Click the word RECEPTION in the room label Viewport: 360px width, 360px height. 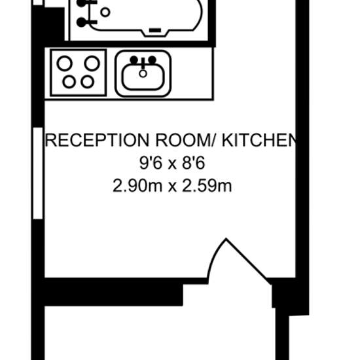(98, 140)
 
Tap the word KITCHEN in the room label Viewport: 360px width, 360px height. (259, 140)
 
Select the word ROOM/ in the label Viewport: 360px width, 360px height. (185, 140)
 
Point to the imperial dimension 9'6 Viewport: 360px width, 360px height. (151, 163)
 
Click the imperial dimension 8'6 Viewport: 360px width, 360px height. (193, 163)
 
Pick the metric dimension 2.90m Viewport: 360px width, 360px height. (137, 186)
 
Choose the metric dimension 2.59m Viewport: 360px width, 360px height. (207, 186)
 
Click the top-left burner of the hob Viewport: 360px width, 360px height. (65, 63)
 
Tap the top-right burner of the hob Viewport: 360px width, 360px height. (92, 63)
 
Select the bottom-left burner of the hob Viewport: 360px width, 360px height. (69, 82)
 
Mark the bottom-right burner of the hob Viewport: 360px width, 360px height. (88, 82)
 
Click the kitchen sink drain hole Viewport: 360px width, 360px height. (143, 74)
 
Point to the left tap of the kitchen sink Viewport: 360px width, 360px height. (134, 60)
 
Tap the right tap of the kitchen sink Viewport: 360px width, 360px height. (152, 60)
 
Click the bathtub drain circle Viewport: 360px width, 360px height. (105, 12)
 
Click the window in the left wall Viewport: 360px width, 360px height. (38, 173)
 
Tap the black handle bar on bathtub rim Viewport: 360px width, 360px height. (155, 30)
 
